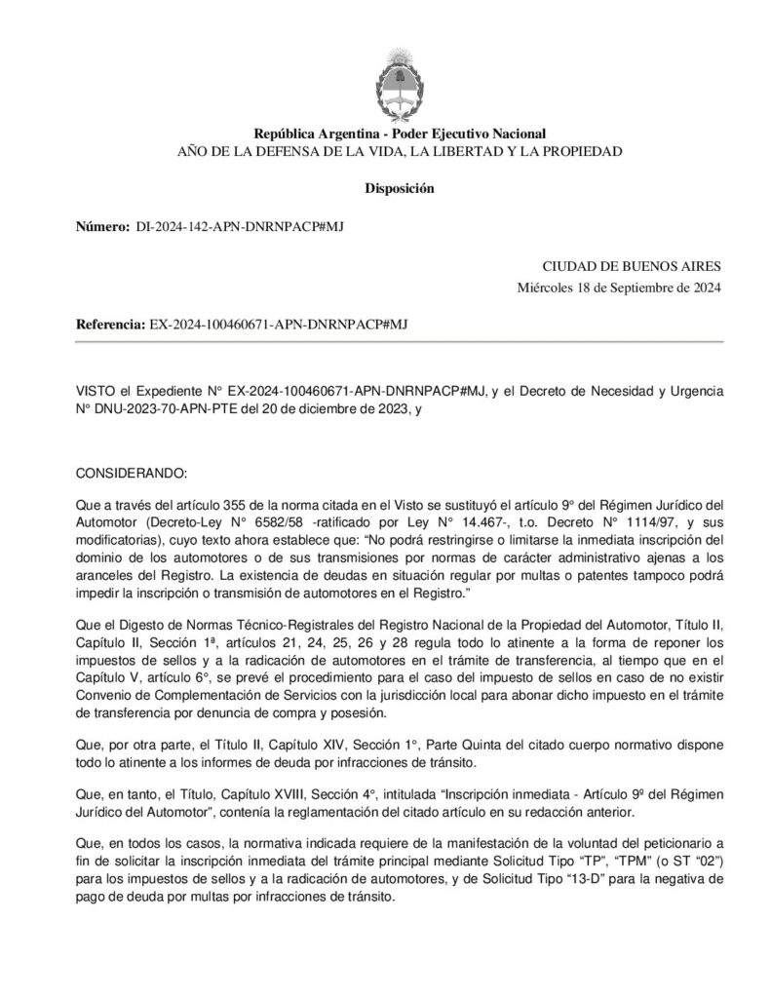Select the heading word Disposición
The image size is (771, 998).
[400, 188]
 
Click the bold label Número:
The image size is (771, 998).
[102, 226]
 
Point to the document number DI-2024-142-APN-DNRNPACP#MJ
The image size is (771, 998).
[239, 226]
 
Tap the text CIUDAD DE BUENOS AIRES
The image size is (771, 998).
[632, 266]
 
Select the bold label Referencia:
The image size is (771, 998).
[110, 325]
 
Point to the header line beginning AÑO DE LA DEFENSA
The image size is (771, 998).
[400, 152]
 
